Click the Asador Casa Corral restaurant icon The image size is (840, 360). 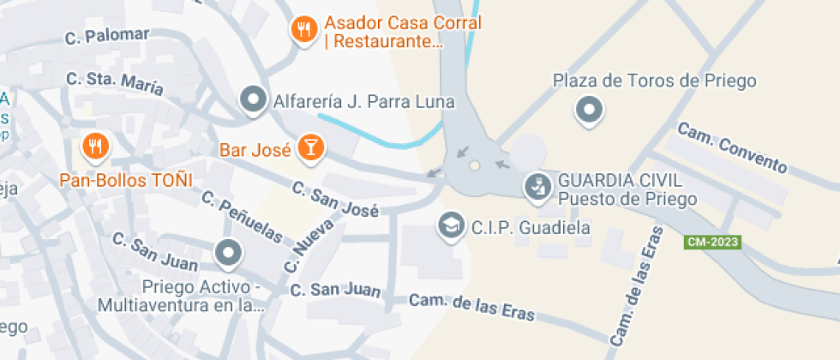point(303,31)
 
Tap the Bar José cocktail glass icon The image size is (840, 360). point(309,147)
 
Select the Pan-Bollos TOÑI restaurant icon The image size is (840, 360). point(95,147)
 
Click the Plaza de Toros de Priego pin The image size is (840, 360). point(589,109)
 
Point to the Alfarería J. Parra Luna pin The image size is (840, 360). point(253,100)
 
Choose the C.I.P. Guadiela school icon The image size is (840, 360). point(450,226)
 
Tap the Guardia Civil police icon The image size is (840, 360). point(537,187)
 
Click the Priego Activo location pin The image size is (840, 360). point(228,253)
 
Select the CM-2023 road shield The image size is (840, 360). point(712,243)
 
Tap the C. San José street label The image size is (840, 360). point(333,199)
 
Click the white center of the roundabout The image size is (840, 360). point(474,166)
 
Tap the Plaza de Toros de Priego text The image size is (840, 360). point(655,81)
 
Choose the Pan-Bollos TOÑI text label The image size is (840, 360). point(126,180)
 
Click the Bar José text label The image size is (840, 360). point(255,150)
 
